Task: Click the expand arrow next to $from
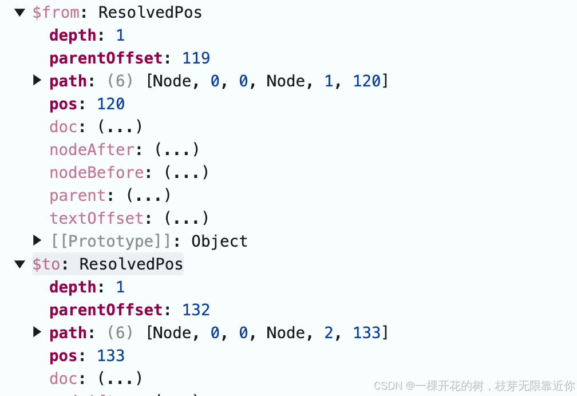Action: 20,13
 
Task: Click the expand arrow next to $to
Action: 20,264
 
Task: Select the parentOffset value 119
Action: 196,58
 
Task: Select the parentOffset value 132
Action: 196,310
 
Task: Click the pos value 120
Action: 110,104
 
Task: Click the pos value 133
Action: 110,356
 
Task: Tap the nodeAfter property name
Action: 92,150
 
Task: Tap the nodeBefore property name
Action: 96,173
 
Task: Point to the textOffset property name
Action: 96,219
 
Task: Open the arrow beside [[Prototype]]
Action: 37,240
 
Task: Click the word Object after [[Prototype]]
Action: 219,241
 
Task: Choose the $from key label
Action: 56,13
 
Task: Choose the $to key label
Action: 46,264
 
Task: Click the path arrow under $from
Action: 37,80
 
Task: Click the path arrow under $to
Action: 37,332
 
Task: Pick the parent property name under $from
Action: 77,196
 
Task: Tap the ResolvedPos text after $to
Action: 131,264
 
